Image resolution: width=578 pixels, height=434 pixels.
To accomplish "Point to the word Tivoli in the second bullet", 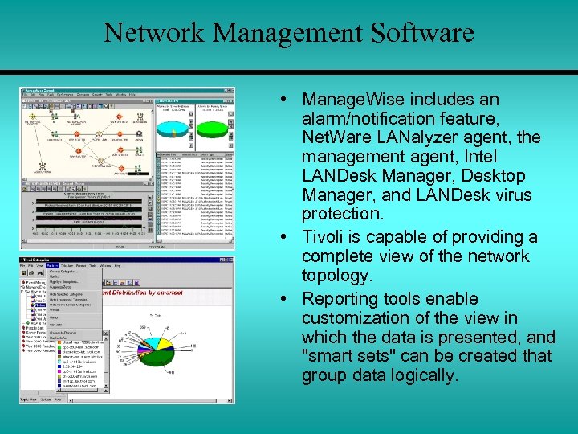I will (x=325, y=237).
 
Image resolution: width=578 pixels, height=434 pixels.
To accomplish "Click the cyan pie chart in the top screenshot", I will (x=175, y=129).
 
